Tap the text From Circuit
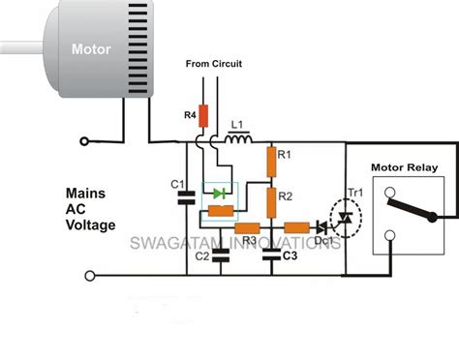click(x=215, y=65)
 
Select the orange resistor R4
click(x=201, y=115)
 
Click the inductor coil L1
click(x=235, y=141)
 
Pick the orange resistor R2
click(x=272, y=201)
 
